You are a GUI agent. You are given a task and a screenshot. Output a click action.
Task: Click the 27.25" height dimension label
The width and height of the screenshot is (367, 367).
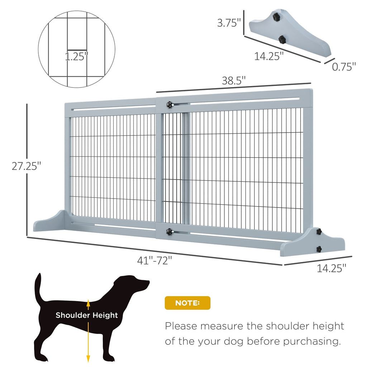[x=26, y=166]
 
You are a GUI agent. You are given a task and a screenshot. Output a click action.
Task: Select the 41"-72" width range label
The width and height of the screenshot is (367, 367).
[x=157, y=261]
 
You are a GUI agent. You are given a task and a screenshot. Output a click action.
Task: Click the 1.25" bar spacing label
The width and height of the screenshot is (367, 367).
[x=76, y=57]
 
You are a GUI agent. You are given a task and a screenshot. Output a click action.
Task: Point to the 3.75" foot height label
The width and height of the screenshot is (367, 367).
[x=229, y=23]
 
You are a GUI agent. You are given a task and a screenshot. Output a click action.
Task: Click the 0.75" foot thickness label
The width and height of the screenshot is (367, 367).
[x=344, y=66]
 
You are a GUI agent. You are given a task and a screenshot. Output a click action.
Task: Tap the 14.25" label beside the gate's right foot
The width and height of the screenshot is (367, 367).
[x=332, y=268]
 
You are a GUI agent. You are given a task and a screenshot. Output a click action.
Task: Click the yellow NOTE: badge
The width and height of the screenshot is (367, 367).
[x=187, y=303]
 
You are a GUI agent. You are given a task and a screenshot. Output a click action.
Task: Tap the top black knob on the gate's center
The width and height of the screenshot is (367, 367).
[x=169, y=104]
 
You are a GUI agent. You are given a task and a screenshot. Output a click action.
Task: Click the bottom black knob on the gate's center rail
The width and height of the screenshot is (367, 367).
[x=168, y=232]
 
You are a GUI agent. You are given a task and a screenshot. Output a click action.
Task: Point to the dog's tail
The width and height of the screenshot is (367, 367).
[x=38, y=287]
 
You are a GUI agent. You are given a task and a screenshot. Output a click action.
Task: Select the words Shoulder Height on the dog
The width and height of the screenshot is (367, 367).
[x=86, y=315]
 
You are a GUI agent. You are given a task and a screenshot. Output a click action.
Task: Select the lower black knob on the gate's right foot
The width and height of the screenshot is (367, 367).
[x=318, y=248]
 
